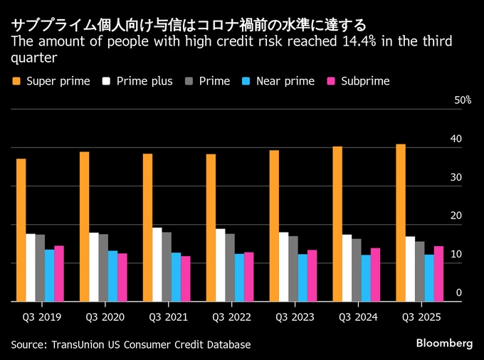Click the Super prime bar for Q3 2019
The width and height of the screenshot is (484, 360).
[x=21, y=230]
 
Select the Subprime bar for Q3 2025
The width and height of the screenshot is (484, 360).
[x=439, y=274]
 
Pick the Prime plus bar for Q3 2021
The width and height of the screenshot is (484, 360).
[x=157, y=265]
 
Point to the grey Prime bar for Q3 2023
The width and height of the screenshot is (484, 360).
[x=293, y=269]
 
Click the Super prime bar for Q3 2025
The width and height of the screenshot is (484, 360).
[x=401, y=223]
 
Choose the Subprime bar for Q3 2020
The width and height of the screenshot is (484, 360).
[x=122, y=277]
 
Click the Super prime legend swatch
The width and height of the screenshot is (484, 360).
[x=16, y=81]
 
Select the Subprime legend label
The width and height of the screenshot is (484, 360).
[x=365, y=81]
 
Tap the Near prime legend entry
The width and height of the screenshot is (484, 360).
[x=285, y=81]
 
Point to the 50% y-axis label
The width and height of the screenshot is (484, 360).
[x=463, y=100]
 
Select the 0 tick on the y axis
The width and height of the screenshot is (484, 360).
[x=458, y=292]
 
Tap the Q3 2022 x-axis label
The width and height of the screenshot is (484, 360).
[x=228, y=317]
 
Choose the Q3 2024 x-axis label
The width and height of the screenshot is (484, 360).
[x=355, y=317]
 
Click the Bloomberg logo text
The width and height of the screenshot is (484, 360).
[x=444, y=343]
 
